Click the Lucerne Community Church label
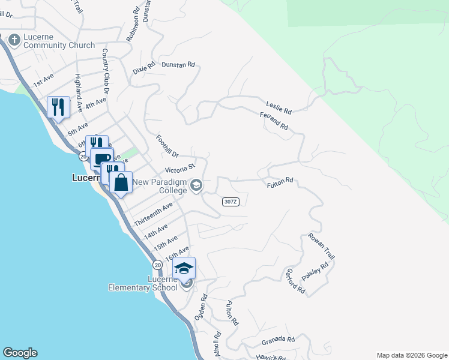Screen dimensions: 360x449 (x=59, y=41)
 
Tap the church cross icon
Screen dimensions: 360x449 (x=14, y=40)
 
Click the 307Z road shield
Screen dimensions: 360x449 (x=231, y=202)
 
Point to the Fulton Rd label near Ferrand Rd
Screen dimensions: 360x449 (x=280, y=181)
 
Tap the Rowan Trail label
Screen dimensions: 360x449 (x=322, y=247)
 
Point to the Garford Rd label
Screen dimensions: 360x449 (x=295, y=281)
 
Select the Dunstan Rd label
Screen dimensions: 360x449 (x=179, y=64)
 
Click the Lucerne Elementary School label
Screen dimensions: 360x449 (x=143, y=283)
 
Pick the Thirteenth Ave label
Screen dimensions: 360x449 (x=154, y=214)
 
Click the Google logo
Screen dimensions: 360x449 (x=20, y=353)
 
